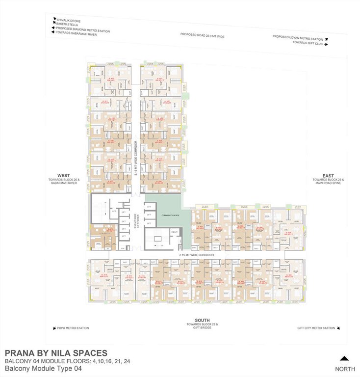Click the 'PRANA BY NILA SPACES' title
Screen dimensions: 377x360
[55, 353]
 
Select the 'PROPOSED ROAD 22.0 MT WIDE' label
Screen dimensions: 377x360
[202, 36]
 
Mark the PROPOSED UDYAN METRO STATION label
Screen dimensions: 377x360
[298, 38]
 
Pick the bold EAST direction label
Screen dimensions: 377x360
[328, 176]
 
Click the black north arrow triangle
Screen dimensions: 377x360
[344, 358]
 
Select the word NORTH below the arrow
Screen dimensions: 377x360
[345, 369]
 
